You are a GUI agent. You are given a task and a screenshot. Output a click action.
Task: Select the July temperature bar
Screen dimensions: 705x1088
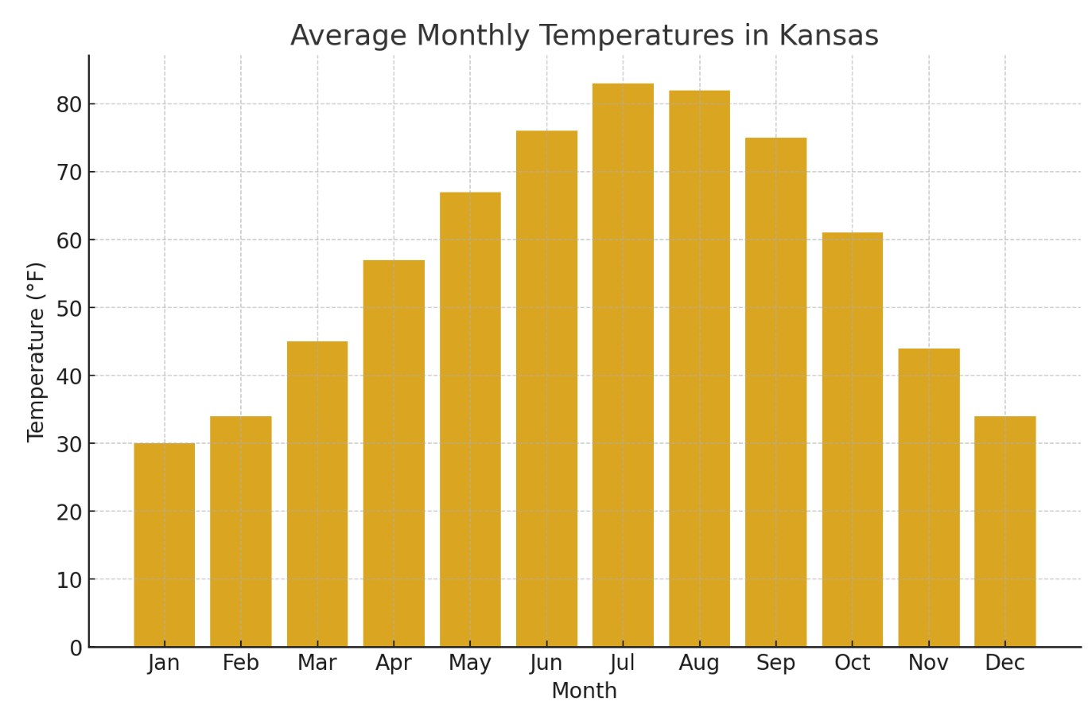[623, 365]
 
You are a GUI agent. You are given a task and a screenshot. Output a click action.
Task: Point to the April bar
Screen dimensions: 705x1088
[394, 454]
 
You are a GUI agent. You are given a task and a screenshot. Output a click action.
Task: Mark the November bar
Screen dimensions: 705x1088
[928, 497]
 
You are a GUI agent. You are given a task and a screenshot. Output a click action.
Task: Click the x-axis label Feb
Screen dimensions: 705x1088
[240, 664]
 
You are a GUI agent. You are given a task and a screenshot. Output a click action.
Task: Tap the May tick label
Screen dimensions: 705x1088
[470, 664]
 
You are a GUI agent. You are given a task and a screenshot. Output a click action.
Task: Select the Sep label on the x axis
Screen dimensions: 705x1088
[775, 664]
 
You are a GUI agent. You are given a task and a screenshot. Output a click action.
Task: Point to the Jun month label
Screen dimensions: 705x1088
[546, 664]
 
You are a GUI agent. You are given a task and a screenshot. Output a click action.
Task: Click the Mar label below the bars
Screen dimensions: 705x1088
[317, 664]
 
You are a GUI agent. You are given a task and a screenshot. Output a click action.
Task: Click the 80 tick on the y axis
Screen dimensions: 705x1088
[69, 104]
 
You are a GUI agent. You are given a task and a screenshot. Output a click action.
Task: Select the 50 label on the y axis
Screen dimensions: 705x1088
[69, 308]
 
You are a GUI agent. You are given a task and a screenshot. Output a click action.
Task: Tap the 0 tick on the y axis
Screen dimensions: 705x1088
[76, 648]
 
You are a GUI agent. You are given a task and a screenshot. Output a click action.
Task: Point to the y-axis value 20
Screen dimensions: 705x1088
[69, 512]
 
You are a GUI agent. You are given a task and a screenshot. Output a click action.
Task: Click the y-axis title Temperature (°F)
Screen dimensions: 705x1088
[37, 352]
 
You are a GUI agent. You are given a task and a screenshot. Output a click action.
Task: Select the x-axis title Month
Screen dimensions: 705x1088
[584, 691]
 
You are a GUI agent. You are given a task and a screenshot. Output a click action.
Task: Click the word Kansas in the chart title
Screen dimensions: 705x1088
[828, 37]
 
